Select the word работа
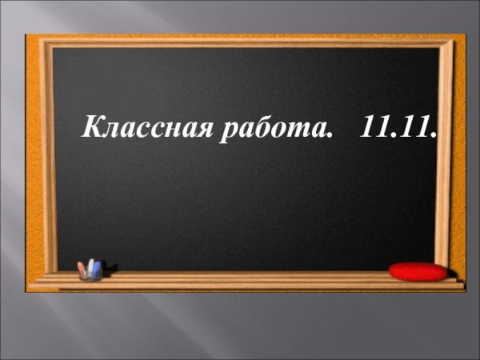coord(274,129)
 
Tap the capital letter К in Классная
coord(94,126)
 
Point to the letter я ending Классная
coord(202,130)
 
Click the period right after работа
coord(329,135)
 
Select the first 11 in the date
coord(375,126)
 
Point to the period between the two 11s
coord(394,135)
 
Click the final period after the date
coord(433,135)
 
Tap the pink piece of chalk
coord(82,270)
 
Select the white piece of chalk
coord(91,267)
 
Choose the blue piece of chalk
coord(97,270)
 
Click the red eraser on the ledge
coord(418,271)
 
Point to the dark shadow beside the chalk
coord(110,270)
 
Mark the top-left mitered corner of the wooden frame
coord(46,43)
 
